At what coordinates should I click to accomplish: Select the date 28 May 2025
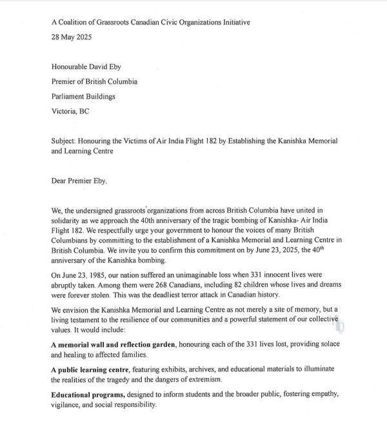pyautogui.click(x=72, y=37)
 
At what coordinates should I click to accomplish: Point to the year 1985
pyautogui.click(x=97, y=275)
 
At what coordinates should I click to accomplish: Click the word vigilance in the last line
pyautogui.click(x=69, y=404)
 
